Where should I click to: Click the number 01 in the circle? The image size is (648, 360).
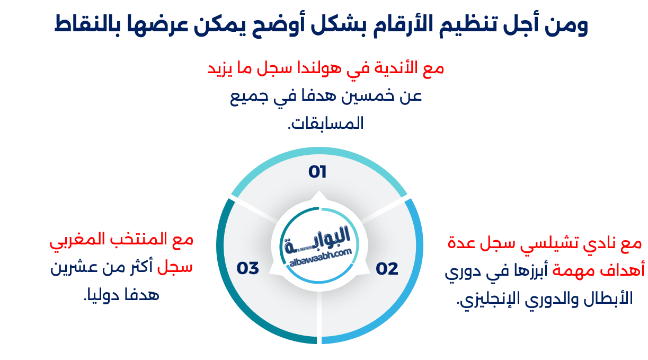317,172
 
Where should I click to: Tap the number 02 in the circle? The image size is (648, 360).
387,269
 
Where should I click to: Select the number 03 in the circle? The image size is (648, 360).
247,268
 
